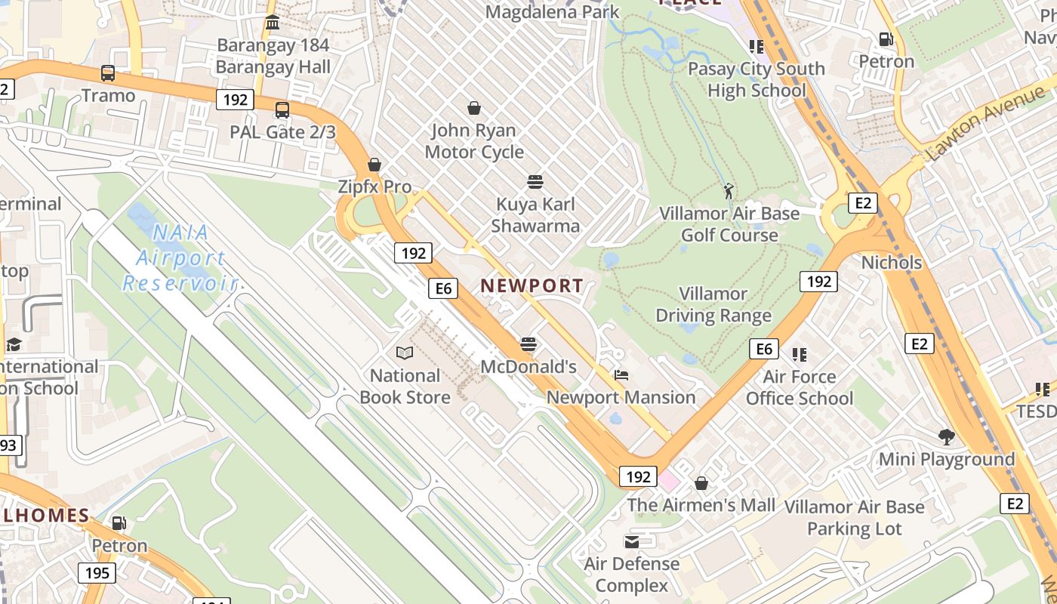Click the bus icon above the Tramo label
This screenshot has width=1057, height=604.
(x=108, y=73)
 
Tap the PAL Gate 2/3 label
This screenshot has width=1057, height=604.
(x=282, y=131)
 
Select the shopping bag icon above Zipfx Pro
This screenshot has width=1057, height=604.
(x=374, y=165)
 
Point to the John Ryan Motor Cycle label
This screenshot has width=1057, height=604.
(x=474, y=141)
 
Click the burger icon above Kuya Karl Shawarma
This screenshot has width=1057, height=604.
(x=535, y=182)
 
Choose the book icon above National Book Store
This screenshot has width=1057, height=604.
(x=405, y=353)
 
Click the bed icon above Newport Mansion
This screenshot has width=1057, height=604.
(x=621, y=375)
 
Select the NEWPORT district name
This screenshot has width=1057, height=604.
(x=532, y=285)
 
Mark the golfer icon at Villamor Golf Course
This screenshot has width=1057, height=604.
(x=729, y=191)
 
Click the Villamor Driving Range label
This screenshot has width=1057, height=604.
(x=713, y=304)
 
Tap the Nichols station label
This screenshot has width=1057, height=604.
(x=892, y=263)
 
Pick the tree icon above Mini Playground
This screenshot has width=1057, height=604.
(x=946, y=436)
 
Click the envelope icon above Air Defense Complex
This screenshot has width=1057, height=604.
(x=631, y=541)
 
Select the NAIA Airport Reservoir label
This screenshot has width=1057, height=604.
(x=180, y=257)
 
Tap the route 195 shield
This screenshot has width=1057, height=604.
(x=97, y=573)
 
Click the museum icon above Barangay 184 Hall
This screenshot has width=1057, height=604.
(x=273, y=23)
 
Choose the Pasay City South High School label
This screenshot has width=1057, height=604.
(x=756, y=79)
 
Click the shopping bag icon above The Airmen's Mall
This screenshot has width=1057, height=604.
(x=701, y=483)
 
